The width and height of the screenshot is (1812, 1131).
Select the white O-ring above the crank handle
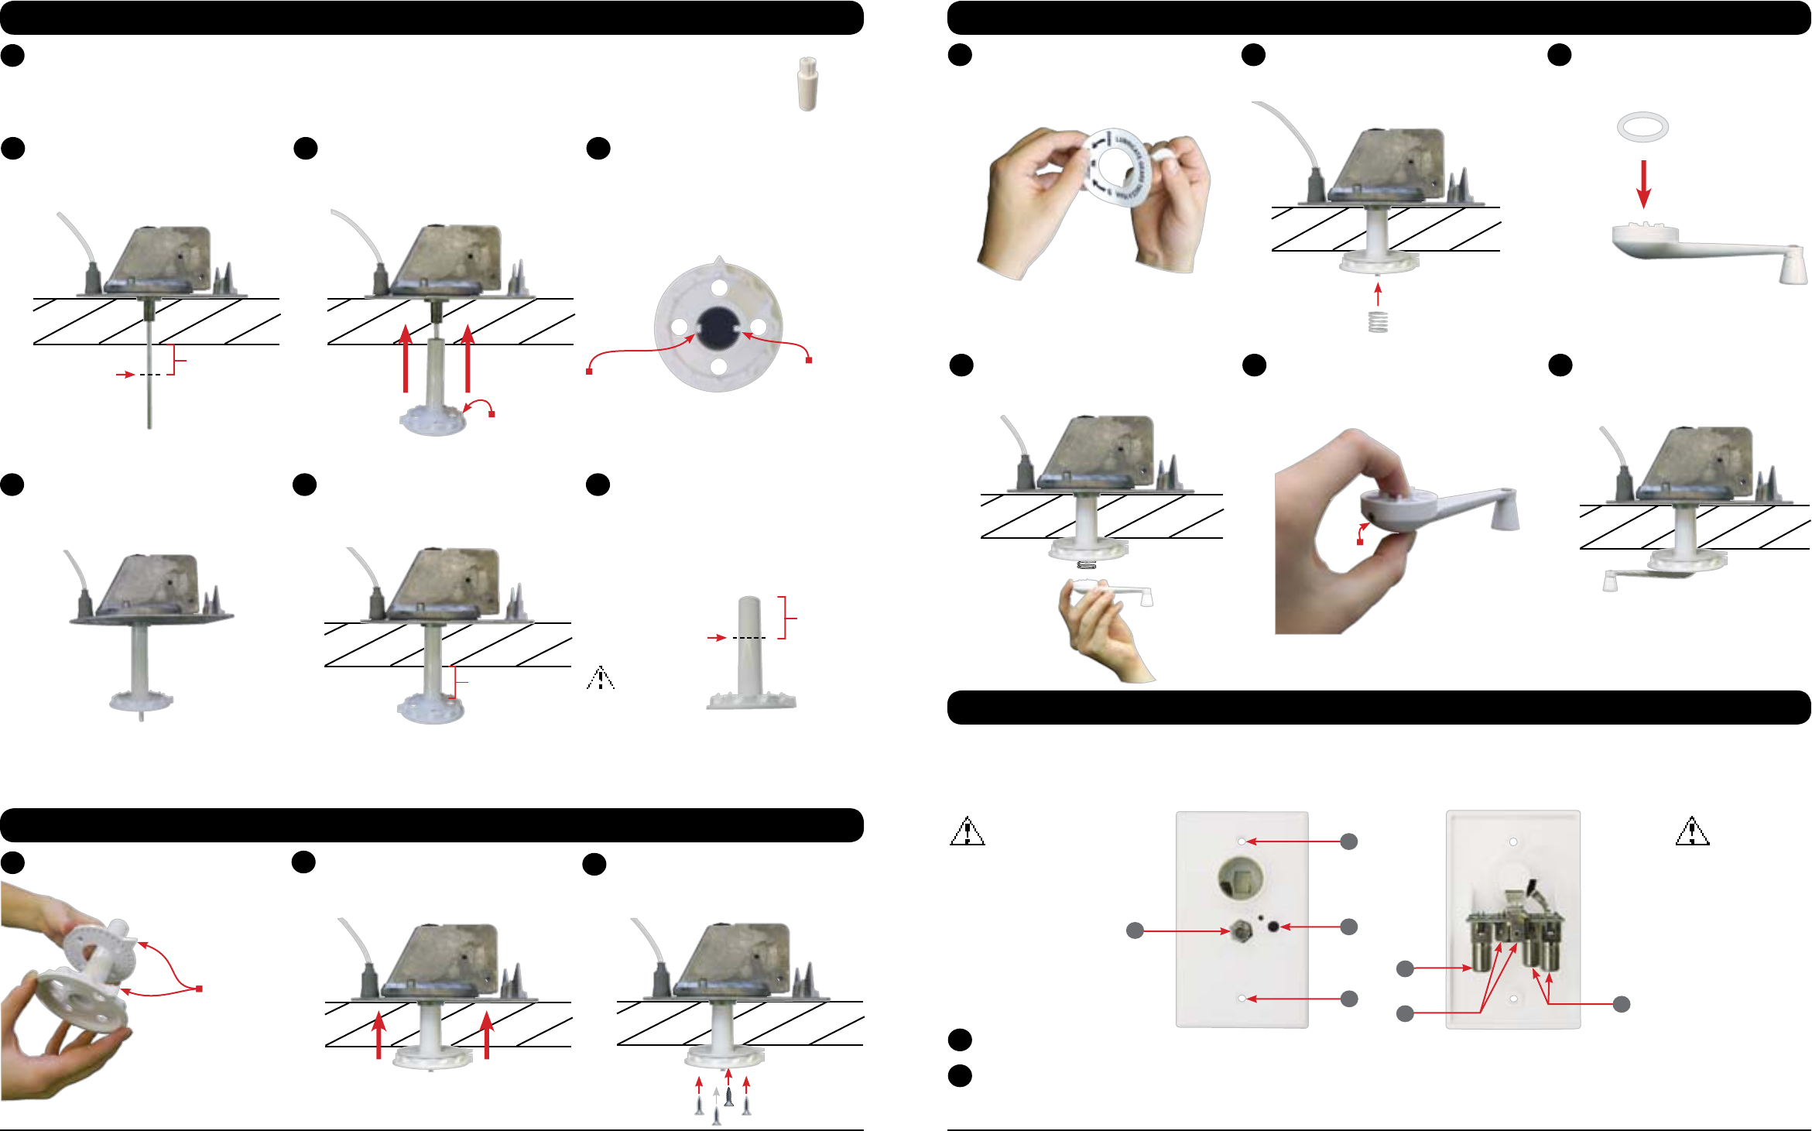pos(1642,127)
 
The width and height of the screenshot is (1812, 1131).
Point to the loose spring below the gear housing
pos(1378,321)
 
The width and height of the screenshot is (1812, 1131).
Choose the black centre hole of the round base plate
pos(717,327)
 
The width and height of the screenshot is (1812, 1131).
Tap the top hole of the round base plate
pos(719,288)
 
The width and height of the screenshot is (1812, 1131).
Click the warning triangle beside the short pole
pos(601,678)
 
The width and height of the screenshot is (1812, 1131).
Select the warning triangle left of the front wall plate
pos(967,831)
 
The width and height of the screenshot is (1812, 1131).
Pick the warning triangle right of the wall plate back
pos(1692,831)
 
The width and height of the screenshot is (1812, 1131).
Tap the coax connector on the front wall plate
pos(1241,932)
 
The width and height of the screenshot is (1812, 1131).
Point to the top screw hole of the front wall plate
pos(1242,841)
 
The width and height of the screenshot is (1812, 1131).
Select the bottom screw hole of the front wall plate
pos(1242,999)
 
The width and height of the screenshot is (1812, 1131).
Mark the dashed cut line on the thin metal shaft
pos(150,375)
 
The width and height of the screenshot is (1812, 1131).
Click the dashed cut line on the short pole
pos(748,638)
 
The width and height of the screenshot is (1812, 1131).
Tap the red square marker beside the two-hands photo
pos(199,989)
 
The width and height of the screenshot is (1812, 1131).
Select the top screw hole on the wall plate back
pos(1512,841)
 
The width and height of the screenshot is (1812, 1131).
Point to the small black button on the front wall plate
pos(1274,927)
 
